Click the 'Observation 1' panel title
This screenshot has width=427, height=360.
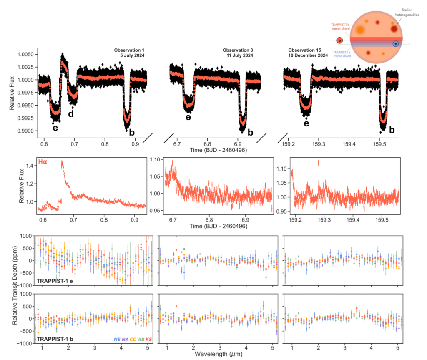click(x=129, y=50)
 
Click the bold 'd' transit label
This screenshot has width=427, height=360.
click(x=71, y=113)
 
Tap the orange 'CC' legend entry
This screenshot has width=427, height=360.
click(x=133, y=340)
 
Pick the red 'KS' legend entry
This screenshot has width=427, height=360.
click(x=148, y=340)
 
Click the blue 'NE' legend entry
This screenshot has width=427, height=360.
click(x=117, y=340)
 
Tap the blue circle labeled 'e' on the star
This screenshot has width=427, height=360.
click(x=395, y=44)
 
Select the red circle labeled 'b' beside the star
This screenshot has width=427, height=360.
click(x=339, y=40)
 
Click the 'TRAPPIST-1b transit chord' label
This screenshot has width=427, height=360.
click(x=339, y=27)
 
